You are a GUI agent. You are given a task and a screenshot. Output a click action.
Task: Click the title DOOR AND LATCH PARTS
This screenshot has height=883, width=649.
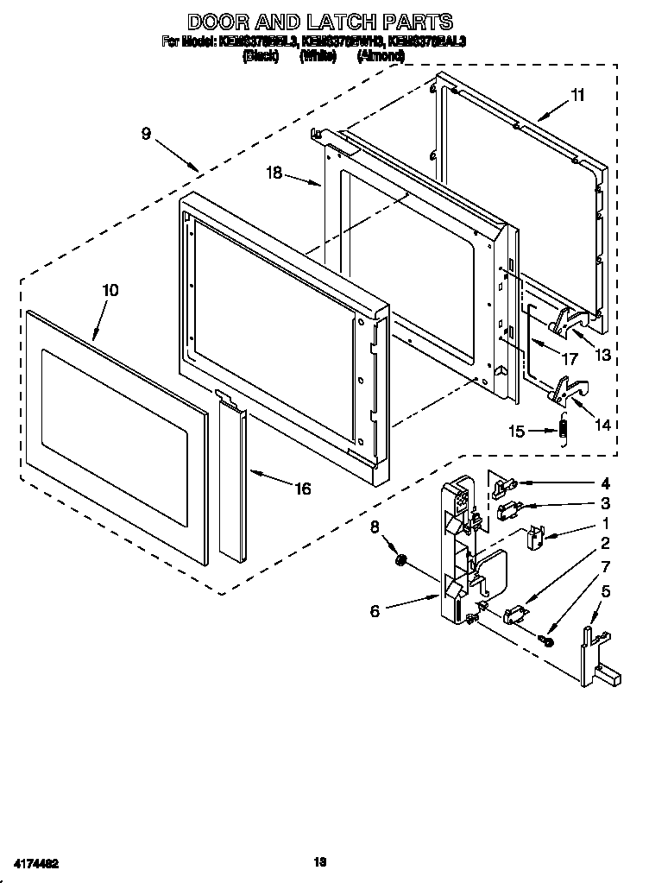pyautogui.click(x=320, y=21)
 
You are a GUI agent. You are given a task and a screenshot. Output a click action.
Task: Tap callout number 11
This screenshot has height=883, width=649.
pyautogui.click(x=577, y=96)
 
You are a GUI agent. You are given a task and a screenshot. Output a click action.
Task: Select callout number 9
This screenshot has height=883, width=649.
pyautogui.click(x=146, y=134)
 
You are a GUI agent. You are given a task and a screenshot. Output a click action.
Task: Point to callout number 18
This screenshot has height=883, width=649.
pyautogui.click(x=274, y=173)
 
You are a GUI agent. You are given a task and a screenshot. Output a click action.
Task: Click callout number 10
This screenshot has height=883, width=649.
pyautogui.click(x=110, y=291)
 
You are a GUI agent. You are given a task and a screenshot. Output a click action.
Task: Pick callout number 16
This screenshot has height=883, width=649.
pyautogui.click(x=302, y=489)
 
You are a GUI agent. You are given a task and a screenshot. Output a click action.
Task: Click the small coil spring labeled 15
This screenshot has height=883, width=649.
pyautogui.click(x=564, y=428)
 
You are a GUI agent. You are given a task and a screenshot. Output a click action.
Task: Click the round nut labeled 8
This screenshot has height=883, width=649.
pyautogui.click(x=400, y=562)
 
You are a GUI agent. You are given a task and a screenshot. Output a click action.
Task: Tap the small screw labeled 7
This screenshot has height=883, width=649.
pyautogui.click(x=546, y=640)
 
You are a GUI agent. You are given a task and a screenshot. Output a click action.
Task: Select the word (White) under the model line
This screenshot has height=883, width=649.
pyautogui.click(x=317, y=55)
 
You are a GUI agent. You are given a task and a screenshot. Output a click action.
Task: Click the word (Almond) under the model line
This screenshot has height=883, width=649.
pyautogui.click(x=381, y=55)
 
